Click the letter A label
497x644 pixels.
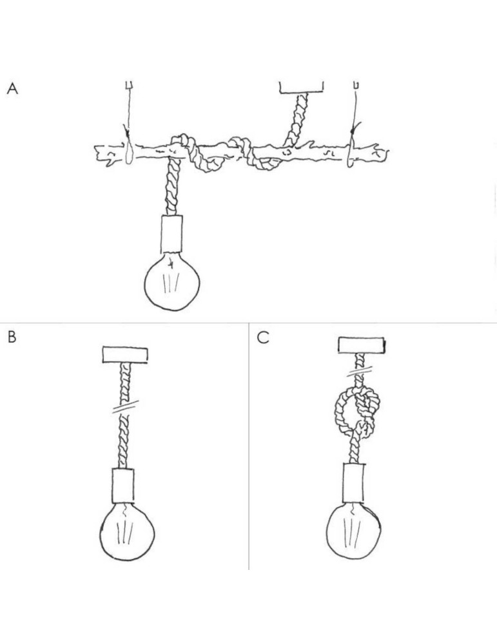click(x=12, y=88)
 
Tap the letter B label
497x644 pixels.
click(x=12, y=337)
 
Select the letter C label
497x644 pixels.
click(x=263, y=337)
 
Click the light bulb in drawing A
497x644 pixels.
click(x=172, y=282)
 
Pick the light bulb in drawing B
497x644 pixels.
click(x=127, y=533)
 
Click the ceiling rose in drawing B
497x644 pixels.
click(x=125, y=355)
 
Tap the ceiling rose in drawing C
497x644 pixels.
click(x=362, y=345)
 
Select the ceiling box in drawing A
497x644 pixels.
click(x=301, y=87)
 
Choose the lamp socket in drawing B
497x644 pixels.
click(x=123, y=486)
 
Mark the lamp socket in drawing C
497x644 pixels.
click(x=353, y=483)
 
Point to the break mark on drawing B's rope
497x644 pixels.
click(x=126, y=406)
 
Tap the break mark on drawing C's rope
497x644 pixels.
click(x=360, y=372)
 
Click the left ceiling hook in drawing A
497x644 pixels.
click(x=129, y=85)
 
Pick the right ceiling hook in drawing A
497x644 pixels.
click(x=356, y=85)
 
